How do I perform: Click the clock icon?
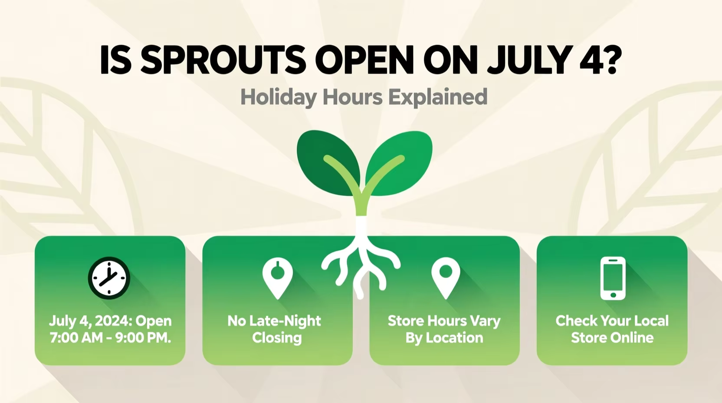109,278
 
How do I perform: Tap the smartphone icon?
613,278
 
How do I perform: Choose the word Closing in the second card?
277,338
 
